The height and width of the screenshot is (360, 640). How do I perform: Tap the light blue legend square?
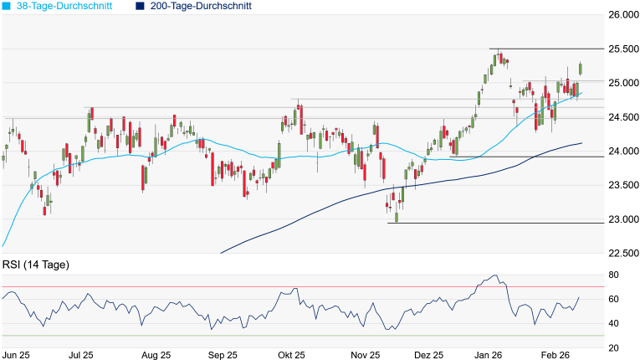[6, 6]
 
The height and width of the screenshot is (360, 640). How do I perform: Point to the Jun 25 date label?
[17, 354]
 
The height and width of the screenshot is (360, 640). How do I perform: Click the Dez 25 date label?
[428, 354]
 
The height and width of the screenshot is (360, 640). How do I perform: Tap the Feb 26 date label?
[556, 354]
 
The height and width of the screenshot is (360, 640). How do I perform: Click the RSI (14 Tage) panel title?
[35, 265]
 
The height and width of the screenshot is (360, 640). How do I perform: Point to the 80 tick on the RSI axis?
[613, 275]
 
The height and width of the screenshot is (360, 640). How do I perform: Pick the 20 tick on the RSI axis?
[613, 347]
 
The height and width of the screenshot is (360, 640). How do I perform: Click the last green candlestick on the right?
[581, 69]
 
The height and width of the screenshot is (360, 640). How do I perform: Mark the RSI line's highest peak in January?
[495, 275]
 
